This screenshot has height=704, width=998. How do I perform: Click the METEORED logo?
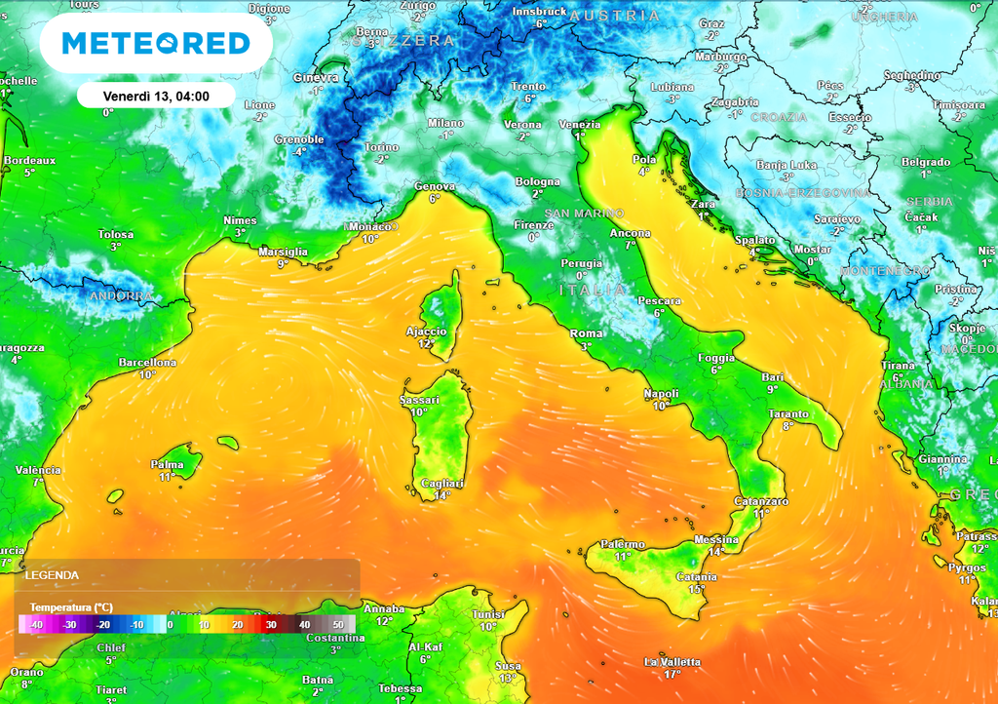[155, 43]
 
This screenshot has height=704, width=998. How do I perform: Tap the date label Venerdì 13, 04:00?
[156, 96]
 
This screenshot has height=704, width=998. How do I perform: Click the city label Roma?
[586, 334]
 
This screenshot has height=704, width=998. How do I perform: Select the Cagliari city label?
[441, 484]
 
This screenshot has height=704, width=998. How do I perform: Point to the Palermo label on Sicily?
[622, 544]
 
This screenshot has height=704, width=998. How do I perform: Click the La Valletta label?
[672, 662]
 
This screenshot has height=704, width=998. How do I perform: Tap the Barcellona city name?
[147, 363]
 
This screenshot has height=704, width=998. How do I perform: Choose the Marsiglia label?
[283, 252]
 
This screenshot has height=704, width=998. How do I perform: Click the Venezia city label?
[579, 124]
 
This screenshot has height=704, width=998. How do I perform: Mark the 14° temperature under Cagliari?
[441, 495]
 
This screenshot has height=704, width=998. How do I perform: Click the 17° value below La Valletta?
[672, 674]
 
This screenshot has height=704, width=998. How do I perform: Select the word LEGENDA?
[52, 575]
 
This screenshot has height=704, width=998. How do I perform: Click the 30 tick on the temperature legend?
[271, 624]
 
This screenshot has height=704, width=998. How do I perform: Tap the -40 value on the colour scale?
[36, 624]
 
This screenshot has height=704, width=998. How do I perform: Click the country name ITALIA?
[593, 291]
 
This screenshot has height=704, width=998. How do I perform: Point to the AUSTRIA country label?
[614, 17]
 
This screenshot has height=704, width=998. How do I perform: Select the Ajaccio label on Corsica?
[426, 332]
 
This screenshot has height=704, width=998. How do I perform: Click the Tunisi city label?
[487, 614]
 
